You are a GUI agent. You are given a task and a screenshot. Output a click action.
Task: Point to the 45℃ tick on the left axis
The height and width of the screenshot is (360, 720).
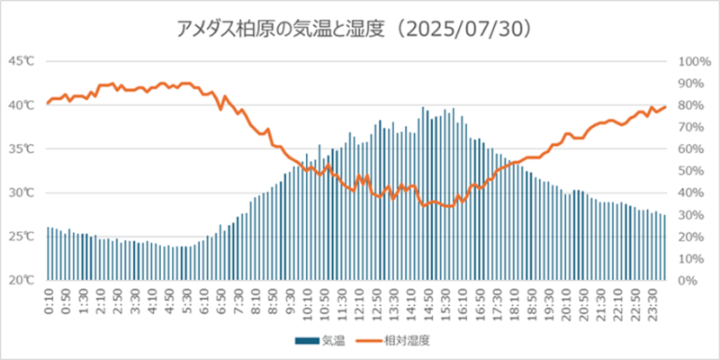click(22, 61)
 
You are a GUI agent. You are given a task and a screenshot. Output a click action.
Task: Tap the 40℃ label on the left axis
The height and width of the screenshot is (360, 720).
click(22, 105)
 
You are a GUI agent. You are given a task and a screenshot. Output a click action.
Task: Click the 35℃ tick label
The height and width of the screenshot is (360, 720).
click(22, 148)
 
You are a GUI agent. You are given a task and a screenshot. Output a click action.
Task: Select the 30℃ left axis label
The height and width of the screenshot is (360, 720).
click(22, 193)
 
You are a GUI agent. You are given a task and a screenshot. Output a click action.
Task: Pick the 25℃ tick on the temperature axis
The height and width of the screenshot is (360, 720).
click(22, 237)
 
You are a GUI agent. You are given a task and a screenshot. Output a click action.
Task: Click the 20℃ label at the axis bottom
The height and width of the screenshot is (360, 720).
click(22, 280)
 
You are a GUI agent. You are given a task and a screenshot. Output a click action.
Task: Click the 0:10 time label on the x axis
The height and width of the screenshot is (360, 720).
click(49, 301)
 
